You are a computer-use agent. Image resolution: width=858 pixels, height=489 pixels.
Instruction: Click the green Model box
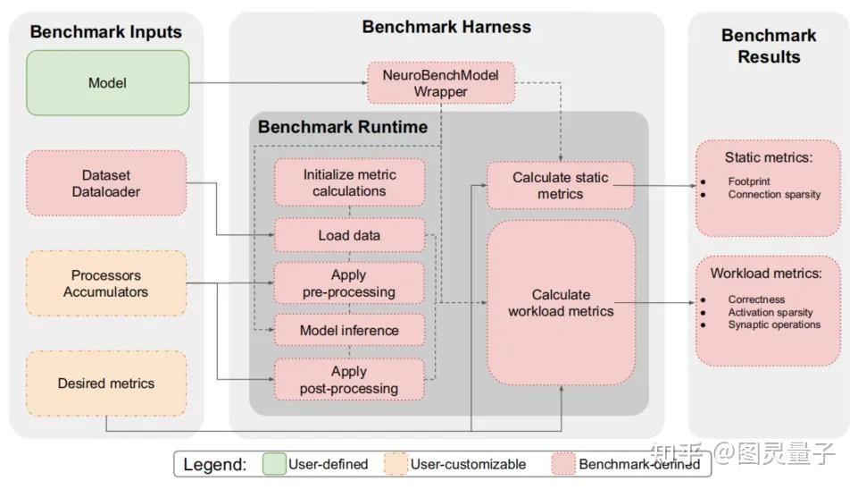(107, 83)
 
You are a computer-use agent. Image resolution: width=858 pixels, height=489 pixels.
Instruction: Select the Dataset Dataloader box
(106, 183)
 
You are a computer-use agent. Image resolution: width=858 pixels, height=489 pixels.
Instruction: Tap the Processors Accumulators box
(106, 283)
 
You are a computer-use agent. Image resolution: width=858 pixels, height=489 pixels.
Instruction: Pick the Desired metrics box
(106, 384)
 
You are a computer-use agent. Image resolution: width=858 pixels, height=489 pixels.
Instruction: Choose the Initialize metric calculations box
(349, 182)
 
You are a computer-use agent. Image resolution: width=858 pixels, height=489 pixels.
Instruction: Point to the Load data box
(349, 236)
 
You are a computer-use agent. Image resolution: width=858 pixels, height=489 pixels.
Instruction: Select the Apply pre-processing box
(349, 283)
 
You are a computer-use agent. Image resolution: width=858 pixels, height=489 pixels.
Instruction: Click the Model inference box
(349, 331)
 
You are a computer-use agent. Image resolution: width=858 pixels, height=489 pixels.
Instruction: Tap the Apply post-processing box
(349, 379)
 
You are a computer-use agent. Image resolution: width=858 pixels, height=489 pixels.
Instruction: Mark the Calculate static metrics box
(560, 185)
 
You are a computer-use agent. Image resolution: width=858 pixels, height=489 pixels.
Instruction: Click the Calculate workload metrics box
(561, 303)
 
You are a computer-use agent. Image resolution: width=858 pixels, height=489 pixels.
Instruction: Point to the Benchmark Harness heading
(446, 27)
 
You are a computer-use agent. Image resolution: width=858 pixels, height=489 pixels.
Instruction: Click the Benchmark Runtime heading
(343, 127)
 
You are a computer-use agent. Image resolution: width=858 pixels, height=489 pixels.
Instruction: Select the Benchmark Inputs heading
(106, 32)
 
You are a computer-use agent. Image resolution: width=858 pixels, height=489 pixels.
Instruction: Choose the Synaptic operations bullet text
(774, 325)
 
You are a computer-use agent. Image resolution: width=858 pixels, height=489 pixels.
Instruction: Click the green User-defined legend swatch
(274, 464)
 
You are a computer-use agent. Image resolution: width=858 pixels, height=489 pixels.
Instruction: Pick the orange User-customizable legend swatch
(395, 464)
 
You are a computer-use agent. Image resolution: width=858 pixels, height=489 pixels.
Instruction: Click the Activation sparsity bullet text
(771, 312)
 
